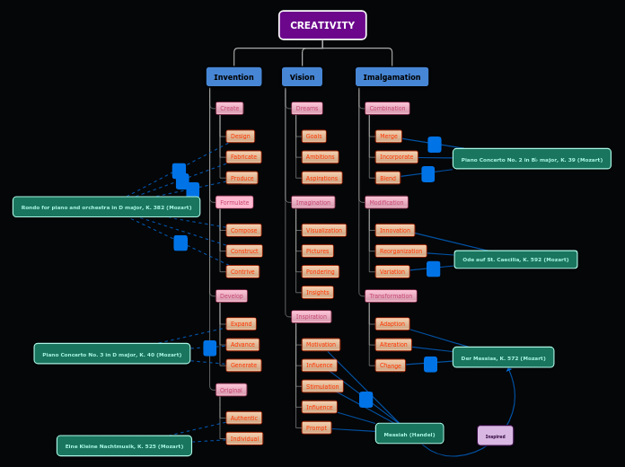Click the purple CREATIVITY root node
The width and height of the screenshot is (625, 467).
pos(322,25)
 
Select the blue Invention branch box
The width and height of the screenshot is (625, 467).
pos(233,77)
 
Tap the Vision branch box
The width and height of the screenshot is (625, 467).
pos(302,77)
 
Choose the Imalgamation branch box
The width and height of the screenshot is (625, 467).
pos(392,77)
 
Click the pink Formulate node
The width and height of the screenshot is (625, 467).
pos(234,202)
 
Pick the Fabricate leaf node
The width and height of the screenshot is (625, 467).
pos(243,157)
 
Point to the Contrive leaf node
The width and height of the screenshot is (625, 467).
pos(242,271)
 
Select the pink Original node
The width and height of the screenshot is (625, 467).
pos(231,390)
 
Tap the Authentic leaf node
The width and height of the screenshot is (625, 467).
pos(243,418)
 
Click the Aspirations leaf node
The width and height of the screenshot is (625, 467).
pos(321,178)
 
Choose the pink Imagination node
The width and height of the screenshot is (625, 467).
pos(312,202)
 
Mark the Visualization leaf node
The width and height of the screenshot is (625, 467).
pos(323,230)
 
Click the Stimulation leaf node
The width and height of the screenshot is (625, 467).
pos(322,386)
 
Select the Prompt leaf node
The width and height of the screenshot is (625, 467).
pos(316,427)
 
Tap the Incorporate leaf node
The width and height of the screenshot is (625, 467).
pos(396,157)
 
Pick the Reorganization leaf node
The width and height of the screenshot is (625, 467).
pos(401,251)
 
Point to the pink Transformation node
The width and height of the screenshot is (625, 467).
pos(391,295)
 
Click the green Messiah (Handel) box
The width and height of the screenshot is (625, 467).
pos(409,434)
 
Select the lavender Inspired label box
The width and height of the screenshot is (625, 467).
pos(495,436)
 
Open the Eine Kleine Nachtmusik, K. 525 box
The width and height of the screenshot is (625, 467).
pos(124,445)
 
